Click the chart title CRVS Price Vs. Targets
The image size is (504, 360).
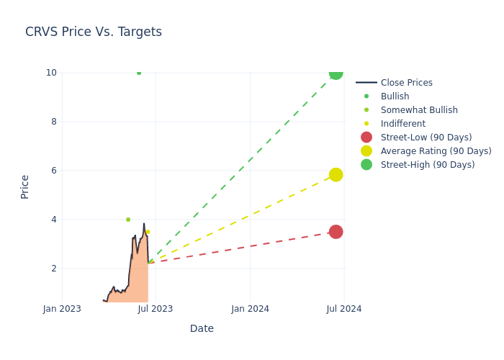(x=94, y=32)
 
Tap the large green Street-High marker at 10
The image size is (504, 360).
(x=336, y=73)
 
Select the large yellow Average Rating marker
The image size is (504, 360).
(x=336, y=175)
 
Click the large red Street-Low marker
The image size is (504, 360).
(x=336, y=232)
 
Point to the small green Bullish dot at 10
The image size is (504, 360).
(x=139, y=73)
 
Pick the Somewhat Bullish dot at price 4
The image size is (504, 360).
(x=128, y=220)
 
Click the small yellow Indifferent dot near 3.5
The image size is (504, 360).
(x=148, y=232)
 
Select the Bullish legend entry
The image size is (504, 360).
(x=395, y=96)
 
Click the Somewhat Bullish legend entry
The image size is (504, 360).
(x=419, y=110)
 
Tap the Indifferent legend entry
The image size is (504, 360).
(x=402, y=124)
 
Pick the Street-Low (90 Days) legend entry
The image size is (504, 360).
(x=426, y=138)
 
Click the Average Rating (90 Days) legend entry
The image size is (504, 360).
(x=436, y=151)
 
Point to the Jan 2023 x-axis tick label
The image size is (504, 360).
(x=62, y=309)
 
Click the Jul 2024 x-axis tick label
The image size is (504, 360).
(x=344, y=309)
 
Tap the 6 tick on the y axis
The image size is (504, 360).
(x=52, y=171)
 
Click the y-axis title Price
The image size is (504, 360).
(x=25, y=186)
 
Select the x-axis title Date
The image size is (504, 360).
(x=202, y=328)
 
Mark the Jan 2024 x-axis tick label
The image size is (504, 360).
(x=250, y=309)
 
